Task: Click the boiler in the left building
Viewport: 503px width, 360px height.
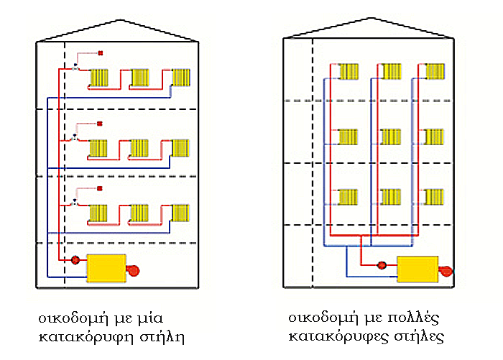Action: point(106,269)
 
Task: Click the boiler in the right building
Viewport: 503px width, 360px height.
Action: point(417,269)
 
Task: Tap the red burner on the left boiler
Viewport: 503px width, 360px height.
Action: point(133,270)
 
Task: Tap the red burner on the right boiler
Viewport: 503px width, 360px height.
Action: point(446,271)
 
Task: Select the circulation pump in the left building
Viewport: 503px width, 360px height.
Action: point(75,259)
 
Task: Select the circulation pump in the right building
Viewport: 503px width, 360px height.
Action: point(382,265)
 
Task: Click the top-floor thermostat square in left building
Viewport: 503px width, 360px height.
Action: point(101,53)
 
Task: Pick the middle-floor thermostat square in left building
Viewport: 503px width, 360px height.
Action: point(100,124)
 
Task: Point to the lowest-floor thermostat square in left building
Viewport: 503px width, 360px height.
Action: point(100,188)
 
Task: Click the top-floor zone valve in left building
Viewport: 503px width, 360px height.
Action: point(75,68)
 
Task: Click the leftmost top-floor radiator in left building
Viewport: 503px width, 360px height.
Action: point(99,78)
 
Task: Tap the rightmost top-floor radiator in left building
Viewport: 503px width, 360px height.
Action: point(181,78)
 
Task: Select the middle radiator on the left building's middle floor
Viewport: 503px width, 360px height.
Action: point(139,148)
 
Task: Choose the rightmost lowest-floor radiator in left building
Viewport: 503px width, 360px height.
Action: point(180,213)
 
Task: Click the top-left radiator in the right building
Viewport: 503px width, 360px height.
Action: point(349,72)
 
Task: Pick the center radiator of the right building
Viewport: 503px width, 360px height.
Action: point(391,137)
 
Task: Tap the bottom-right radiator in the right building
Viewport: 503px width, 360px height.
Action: point(434,197)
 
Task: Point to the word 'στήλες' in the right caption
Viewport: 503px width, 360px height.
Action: point(419,336)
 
